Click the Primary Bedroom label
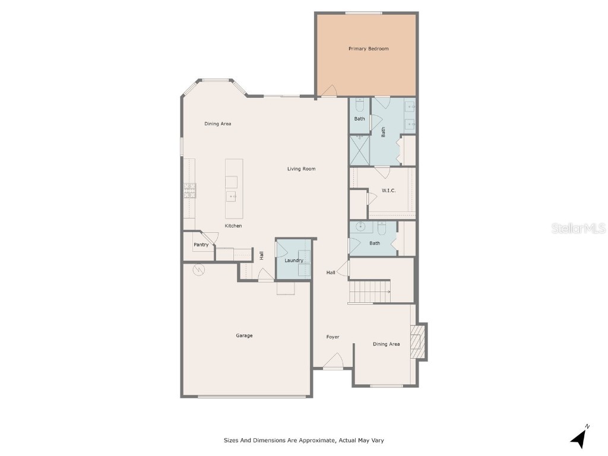368,49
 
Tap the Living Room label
301,169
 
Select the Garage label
244,336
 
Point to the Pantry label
201,245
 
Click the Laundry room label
293,261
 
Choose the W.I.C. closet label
388,191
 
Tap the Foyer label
332,337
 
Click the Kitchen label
233,226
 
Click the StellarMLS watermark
578,228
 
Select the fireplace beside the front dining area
419,341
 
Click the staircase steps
369,292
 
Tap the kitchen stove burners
190,191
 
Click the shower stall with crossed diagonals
360,150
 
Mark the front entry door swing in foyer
333,361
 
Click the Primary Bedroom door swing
329,91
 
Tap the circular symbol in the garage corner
198,270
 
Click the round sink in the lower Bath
361,226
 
